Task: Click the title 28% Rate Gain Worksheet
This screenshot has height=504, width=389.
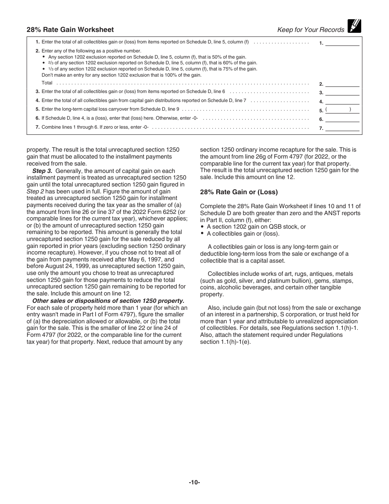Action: coord(70,30)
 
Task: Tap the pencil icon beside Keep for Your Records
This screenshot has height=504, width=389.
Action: coord(354,26)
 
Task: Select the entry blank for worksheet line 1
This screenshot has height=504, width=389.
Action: coord(342,42)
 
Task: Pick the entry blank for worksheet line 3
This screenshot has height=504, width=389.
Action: coord(342,92)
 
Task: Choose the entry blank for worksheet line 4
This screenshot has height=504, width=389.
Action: coord(342,101)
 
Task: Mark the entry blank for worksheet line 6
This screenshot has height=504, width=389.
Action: coord(342,119)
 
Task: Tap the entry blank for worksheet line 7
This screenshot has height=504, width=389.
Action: coord(342,128)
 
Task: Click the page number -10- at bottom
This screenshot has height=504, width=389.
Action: coord(194,482)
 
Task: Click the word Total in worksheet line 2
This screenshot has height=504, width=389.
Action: coord(47,83)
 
